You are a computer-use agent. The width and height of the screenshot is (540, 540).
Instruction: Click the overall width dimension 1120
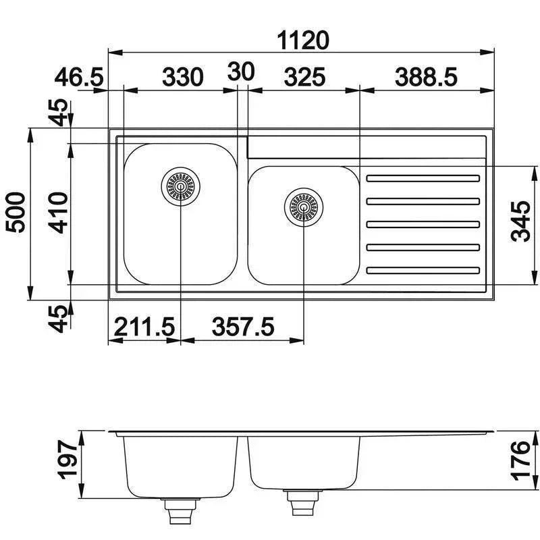[x=303, y=40]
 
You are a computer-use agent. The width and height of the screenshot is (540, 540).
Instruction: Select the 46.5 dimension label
[x=80, y=77]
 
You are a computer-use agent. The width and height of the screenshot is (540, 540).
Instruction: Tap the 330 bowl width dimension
[x=182, y=77]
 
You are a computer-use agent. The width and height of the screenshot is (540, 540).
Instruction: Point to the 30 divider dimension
[x=241, y=72]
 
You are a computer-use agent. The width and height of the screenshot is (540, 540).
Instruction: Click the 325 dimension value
[x=304, y=77]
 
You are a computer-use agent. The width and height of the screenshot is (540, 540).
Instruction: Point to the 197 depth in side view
[x=67, y=461]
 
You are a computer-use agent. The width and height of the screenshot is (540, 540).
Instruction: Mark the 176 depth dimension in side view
[x=520, y=461]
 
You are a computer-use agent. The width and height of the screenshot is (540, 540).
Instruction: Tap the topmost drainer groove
[x=423, y=178]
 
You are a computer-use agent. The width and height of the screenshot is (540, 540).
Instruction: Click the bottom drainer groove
[x=423, y=271]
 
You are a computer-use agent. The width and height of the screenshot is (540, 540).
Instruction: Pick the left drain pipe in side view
[x=180, y=511]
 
